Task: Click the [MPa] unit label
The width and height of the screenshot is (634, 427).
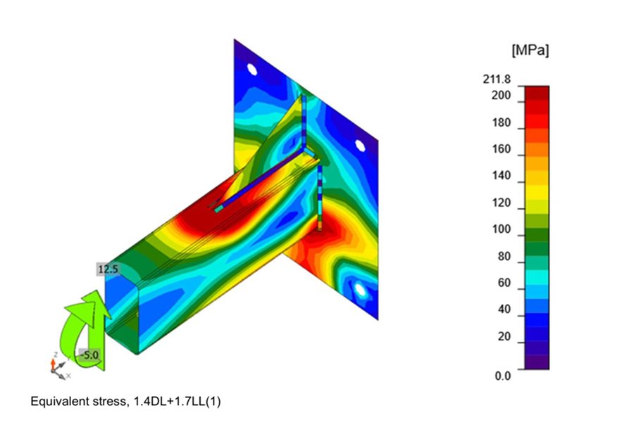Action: (530, 51)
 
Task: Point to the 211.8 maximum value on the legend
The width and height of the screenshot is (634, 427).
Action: (497, 79)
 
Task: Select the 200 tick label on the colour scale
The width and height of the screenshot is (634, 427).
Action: (501, 95)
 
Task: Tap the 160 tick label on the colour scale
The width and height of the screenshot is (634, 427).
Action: (501, 149)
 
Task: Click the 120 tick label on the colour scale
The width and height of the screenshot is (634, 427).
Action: (501, 203)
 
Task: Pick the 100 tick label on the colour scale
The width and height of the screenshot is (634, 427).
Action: (501, 229)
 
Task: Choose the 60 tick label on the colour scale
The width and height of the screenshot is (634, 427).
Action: (504, 283)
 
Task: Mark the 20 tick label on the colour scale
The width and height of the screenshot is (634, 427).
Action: (504, 336)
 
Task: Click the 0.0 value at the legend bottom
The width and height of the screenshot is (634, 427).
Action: (502, 376)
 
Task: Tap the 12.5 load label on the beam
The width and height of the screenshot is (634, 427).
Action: (108, 269)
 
